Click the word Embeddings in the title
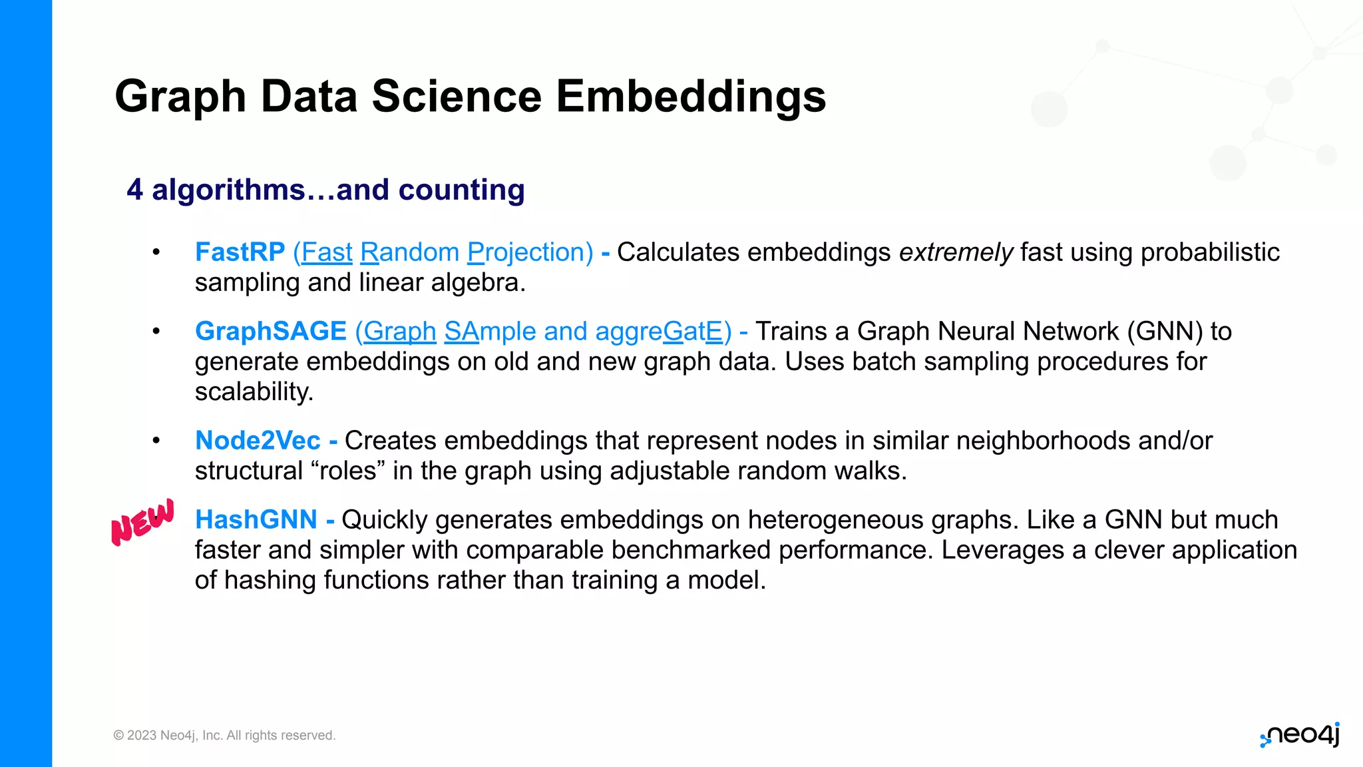click(x=690, y=97)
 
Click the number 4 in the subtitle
click(x=134, y=190)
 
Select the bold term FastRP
click(x=240, y=252)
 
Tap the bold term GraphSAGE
click(x=270, y=332)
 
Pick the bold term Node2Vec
click(x=258, y=441)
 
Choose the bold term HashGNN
click(x=256, y=520)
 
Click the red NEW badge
click(x=142, y=523)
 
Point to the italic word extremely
click(x=956, y=252)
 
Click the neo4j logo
click(x=1300, y=735)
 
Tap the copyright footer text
click(x=224, y=736)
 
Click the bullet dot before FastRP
click(x=156, y=252)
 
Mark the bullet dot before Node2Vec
click(x=156, y=441)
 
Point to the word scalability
click(x=253, y=391)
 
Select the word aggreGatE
click(x=659, y=332)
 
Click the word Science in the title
click(x=457, y=97)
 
